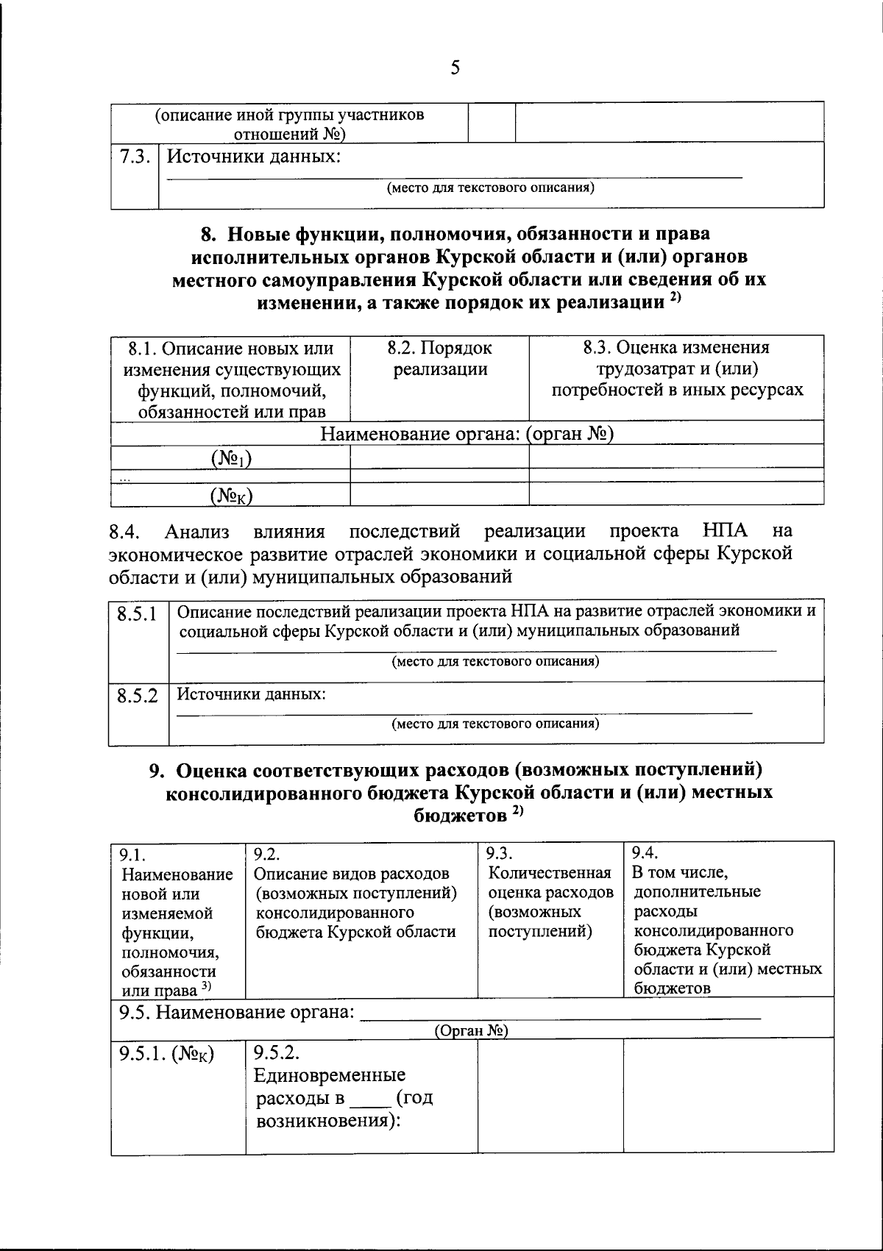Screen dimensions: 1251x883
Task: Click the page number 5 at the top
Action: tap(455, 68)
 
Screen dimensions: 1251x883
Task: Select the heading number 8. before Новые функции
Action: tap(208, 235)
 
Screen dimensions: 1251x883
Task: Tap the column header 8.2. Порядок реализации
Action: tap(439, 358)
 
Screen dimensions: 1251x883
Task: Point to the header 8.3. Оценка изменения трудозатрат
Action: tap(677, 368)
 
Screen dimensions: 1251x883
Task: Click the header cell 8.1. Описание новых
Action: tap(230, 379)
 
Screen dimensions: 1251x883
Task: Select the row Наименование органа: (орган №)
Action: tap(467, 434)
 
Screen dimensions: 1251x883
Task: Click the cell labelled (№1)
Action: tap(230, 459)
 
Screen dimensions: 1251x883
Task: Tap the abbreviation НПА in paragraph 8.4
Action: tap(724, 530)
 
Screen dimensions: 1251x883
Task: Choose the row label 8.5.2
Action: tap(138, 695)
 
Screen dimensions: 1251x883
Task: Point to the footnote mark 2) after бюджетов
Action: tap(517, 811)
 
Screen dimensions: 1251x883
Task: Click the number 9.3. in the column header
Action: tap(500, 854)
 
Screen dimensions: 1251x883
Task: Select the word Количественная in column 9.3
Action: tap(550, 873)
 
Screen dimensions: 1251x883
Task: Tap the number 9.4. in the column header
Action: tap(645, 853)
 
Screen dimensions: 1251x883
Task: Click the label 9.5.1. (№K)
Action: tap(166, 1055)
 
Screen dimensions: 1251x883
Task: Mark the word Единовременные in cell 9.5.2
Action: tap(329, 1075)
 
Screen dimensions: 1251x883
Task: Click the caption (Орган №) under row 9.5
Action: tap(471, 1031)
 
